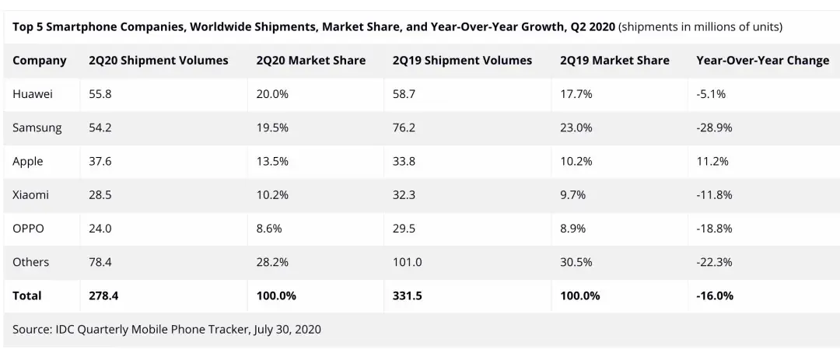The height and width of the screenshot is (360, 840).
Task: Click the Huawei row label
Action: pyautogui.click(x=32, y=94)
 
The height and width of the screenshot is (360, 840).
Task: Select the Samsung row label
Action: pyautogui.click(x=37, y=128)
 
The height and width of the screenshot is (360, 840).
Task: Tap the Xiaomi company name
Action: pyautogui.click(x=31, y=194)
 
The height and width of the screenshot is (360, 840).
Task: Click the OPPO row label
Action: pyautogui.click(x=29, y=229)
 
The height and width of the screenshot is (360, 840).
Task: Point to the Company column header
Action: pyautogui.click(x=40, y=60)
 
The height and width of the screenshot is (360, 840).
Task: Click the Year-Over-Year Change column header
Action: pyautogui.click(x=762, y=60)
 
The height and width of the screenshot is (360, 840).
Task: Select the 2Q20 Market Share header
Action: pyautogui.click(x=311, y=60)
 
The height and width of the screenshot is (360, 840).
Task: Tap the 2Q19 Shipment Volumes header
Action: pyautogui.click(x=462, y=60)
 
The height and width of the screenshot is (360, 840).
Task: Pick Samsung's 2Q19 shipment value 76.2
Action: pyautogui.click(x=404, y=128)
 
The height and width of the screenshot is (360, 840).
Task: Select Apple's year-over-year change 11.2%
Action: pyautogui.click(x=712, y=161)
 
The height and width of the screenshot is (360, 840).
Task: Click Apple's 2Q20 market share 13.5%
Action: pyautogui.click(x=272, y=161)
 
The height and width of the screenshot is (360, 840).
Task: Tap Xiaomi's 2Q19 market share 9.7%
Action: pyautogui.click(x=573, y=194)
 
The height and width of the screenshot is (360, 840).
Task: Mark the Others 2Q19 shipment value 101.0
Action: pyautogui.click(x=407, y=262)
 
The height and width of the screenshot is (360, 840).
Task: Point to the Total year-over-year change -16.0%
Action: pyautogui.click(x=715, y=295)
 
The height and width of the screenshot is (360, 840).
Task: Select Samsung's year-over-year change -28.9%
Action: pyautogui.click(x=715, y=128)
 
